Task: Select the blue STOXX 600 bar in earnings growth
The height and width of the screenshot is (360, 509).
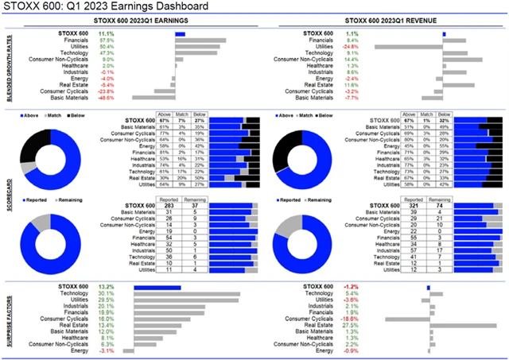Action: coord(180,33)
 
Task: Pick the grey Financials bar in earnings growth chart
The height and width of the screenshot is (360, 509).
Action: coord(200,40)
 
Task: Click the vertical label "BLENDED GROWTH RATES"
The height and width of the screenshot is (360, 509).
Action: coord(7,68)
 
